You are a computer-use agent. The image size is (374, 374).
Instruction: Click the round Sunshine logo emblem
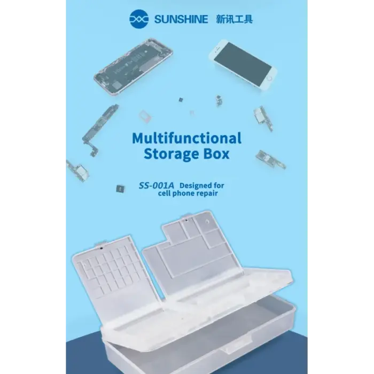[139, 19]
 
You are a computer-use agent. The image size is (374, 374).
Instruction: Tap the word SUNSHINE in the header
[181, 19]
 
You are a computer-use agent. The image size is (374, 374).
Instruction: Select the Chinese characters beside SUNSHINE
[234, 19]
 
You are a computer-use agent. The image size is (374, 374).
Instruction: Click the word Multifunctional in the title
[187, 138]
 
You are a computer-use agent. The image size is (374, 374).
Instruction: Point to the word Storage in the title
[172, 154]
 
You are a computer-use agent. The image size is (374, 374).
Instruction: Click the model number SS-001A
[156, 185]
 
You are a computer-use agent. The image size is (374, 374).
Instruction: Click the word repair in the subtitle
[207, 193]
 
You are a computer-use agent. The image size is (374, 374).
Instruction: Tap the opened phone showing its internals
[134, 67]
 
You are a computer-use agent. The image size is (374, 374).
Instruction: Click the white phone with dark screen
[243, 64]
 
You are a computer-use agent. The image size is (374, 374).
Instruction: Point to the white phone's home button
[270, 78]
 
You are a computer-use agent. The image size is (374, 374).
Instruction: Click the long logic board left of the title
[101, 130]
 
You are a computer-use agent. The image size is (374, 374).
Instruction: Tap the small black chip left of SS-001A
[120, 189]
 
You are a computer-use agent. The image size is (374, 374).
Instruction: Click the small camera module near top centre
[219, 100]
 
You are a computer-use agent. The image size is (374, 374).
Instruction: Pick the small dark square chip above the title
[181, 100]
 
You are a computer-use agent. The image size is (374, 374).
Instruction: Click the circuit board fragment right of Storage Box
[271, 159]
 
